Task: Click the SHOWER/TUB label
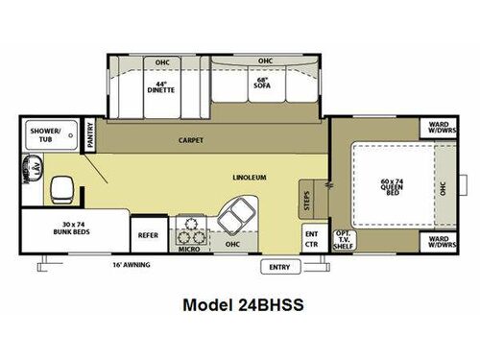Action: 44,133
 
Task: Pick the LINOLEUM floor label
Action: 249,178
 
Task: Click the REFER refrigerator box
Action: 148,234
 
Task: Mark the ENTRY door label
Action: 279,265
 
